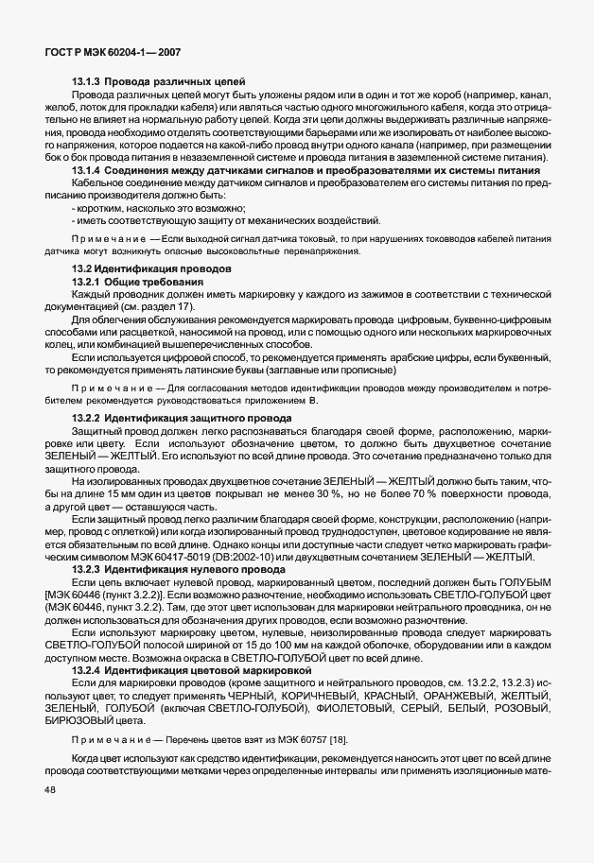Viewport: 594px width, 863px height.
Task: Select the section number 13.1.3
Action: click(87, 83)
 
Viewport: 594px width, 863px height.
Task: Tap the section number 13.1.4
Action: click(87, 169)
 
